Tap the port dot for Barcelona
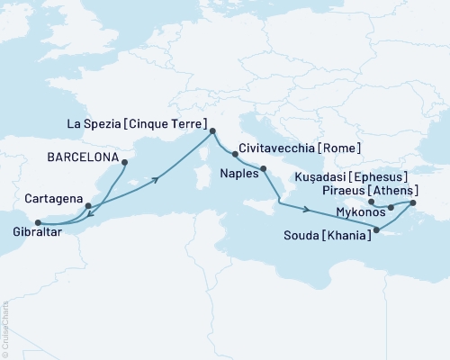click(124, 163)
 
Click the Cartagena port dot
click(87, 206)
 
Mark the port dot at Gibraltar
click(37, 222)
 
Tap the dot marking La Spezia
click(213, 132)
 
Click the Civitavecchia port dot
click(235, 154)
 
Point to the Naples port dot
click(264, 169)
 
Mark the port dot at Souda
click(376, 231)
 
